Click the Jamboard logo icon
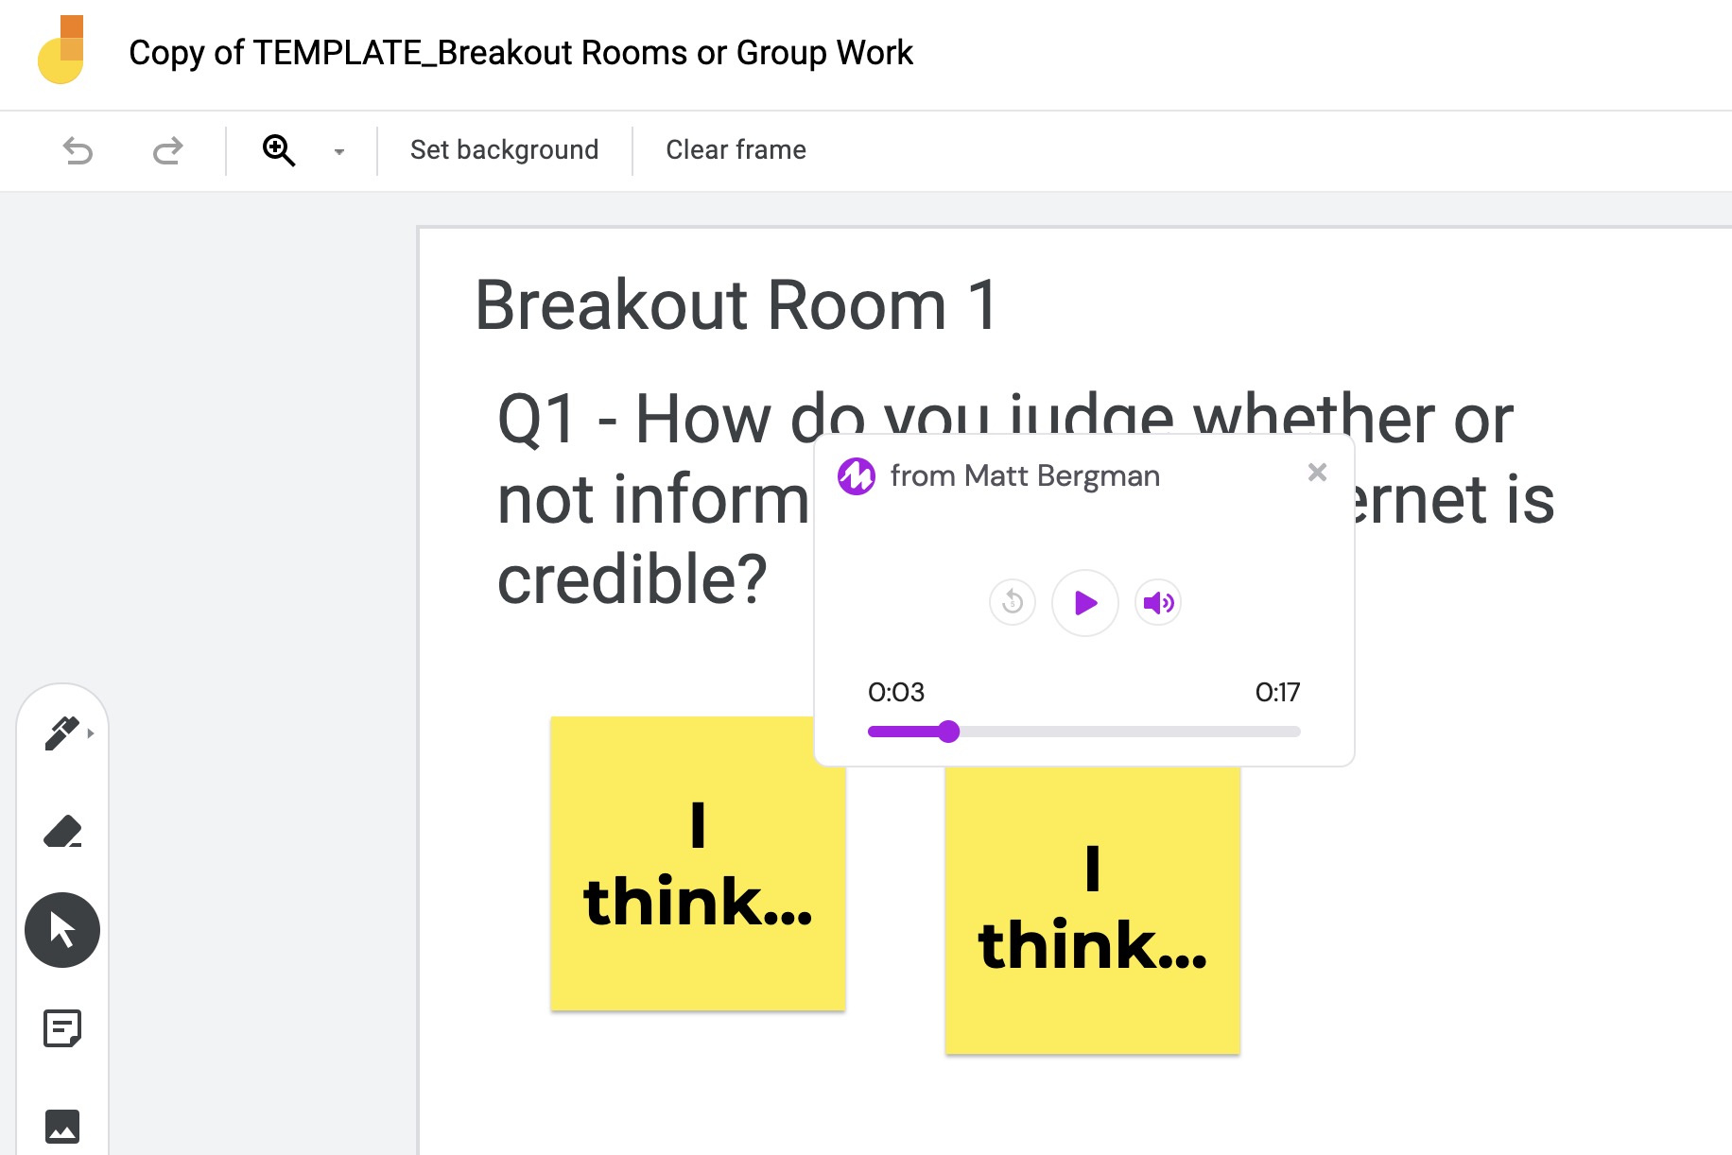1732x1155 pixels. tap(61, 51)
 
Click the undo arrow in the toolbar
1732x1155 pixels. tap(78, 150)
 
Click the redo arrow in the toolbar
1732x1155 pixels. tap(167, 150)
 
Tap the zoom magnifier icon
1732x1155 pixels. tap(278, 150)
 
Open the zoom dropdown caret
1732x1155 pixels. tap(339, 151)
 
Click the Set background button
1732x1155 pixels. tap(504, 150)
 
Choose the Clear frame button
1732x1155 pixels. tap(736, 150)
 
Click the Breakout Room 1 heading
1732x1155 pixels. tap(736, 305)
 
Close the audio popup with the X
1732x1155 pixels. tap(1317, 472)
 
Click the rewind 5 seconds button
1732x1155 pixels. tap(1013, 602)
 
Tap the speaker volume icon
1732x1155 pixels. tap(1158, 602)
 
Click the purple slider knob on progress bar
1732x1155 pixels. tap(949, 732)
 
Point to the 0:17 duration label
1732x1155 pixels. tap(1277, 692)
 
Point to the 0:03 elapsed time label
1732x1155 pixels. tap(896, 692)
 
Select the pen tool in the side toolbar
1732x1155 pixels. tap(62, 733)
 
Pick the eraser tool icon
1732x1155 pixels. tap(62, 832)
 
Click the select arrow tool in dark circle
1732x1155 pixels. tap(62, 930)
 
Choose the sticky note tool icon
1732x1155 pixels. tap(62, 1028)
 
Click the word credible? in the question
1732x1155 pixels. tap(632, 579)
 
